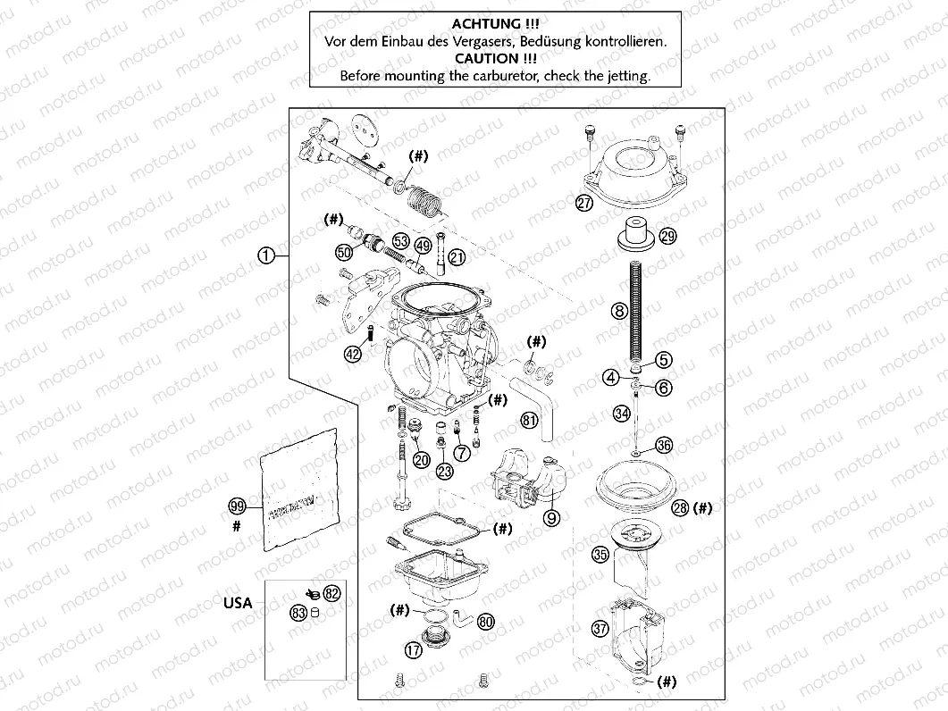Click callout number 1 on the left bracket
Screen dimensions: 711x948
coord(265,255)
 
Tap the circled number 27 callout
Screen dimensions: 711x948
coord(583,203)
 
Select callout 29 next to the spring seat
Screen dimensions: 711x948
coord(668,236)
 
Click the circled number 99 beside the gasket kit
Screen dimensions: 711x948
coord(237,506)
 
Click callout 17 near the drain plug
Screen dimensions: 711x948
coord(413,650)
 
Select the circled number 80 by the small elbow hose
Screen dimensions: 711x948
coord(486,621)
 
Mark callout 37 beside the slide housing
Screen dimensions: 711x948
coord(600,628)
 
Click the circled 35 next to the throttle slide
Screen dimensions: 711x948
coord(600,555)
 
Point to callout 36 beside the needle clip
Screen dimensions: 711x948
coord(663,445)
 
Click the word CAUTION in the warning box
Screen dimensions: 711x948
coord(494,59)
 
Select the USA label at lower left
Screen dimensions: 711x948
coord(238,603)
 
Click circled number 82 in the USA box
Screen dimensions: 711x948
coord(332,593)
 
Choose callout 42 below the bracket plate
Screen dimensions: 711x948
coord(353,354)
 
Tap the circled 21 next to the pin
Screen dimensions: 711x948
coord(457,257)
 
